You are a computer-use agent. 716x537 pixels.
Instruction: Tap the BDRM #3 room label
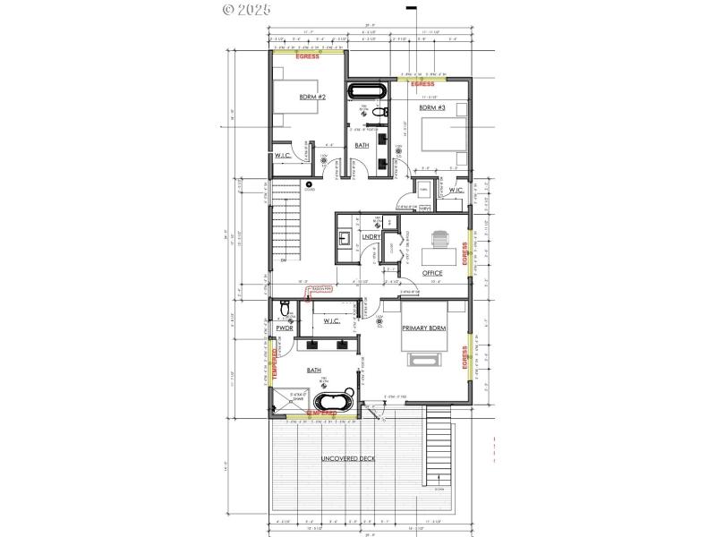tap(432, 107)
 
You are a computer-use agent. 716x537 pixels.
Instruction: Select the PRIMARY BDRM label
tap(424, 328)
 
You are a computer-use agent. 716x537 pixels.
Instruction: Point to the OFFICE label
tap(433, 272)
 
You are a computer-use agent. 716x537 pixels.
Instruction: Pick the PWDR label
tap(285, 328)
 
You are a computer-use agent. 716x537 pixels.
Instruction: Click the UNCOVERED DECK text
tap(349, 458)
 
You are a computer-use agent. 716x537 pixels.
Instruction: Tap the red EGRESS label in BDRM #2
tap(308, 56)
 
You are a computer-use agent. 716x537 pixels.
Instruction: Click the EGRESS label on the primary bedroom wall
tap(465, 358)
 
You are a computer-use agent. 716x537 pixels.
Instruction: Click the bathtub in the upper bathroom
tap(366, 91)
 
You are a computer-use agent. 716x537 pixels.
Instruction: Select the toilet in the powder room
tap(284, 311)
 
